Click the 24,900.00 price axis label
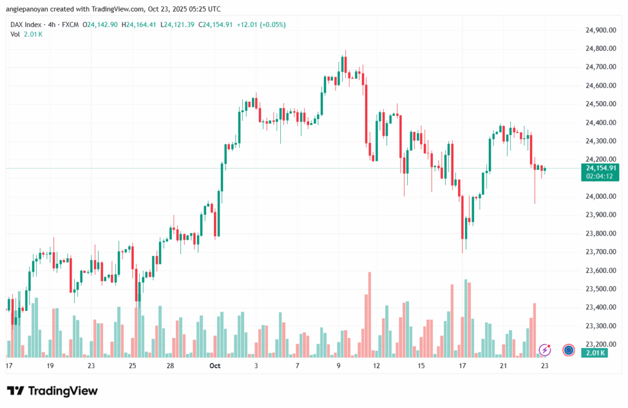tap(600, 30)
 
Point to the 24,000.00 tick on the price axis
tap(600, 196)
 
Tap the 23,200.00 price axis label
tap(600, 344)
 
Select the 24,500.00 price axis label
tap(600, 104)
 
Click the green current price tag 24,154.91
tap(602, 167)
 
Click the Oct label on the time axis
tap(215, 366)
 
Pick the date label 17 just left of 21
tap(462, 366)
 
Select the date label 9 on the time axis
tap(338, 366)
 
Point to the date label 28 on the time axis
tap(170, 366)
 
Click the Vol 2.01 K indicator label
tap(26, 34)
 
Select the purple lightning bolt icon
tap(545, 350)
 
